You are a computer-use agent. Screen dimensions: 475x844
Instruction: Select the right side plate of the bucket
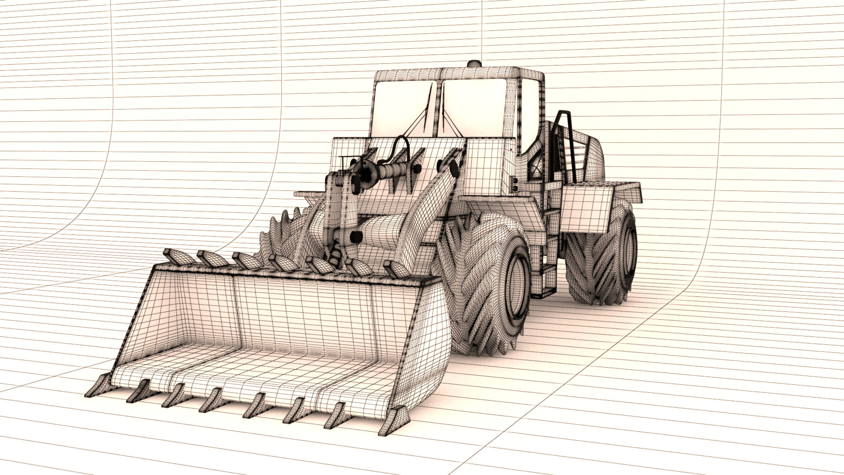click(x=424, y=342)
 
